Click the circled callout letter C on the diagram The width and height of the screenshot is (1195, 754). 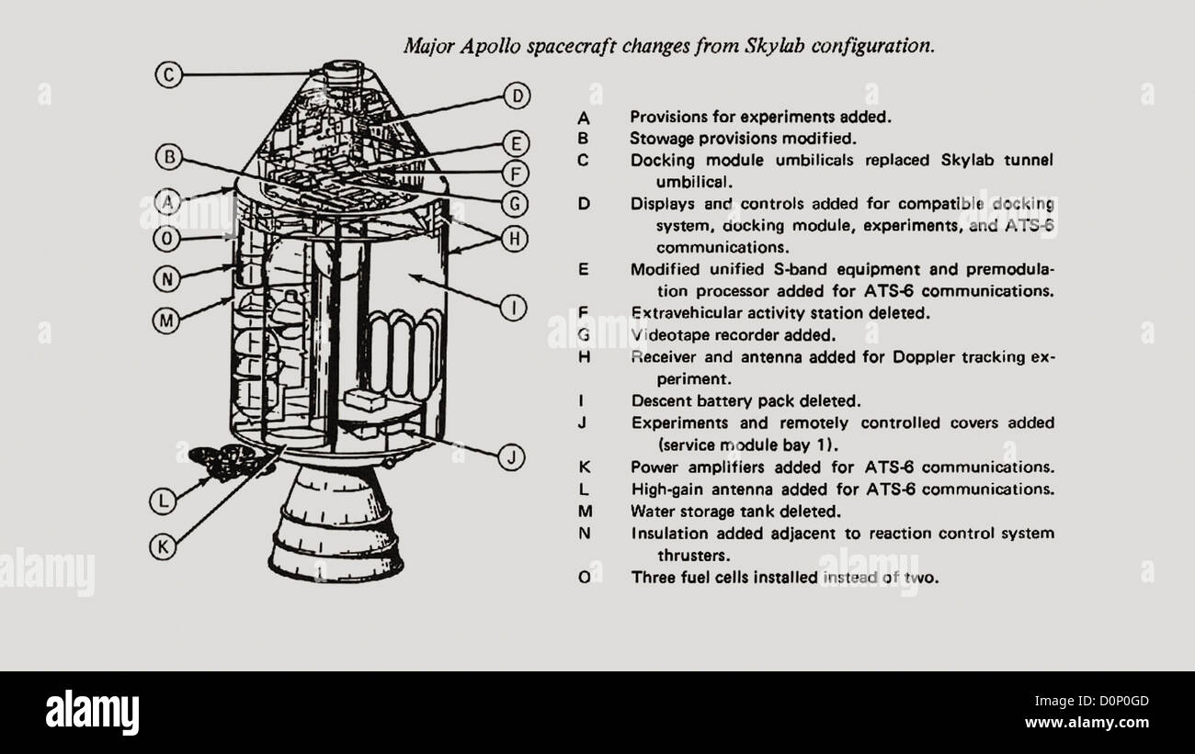[x=168, y=74]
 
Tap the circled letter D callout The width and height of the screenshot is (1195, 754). [x=518, y=96]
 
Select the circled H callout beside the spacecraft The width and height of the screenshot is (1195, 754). [x=517, y=239]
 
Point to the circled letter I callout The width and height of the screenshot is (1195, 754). [x=517, y=308]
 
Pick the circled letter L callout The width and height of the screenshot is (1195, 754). [x=163, y=501]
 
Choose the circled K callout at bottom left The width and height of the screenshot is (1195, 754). [x=163, y=546]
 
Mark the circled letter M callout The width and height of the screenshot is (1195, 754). [x=165, y=321]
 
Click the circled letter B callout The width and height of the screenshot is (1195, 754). [x=168, y=157]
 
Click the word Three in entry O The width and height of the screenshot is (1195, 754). [x=652, y=578]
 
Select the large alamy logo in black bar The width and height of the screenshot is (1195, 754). [x=92, y=712]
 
